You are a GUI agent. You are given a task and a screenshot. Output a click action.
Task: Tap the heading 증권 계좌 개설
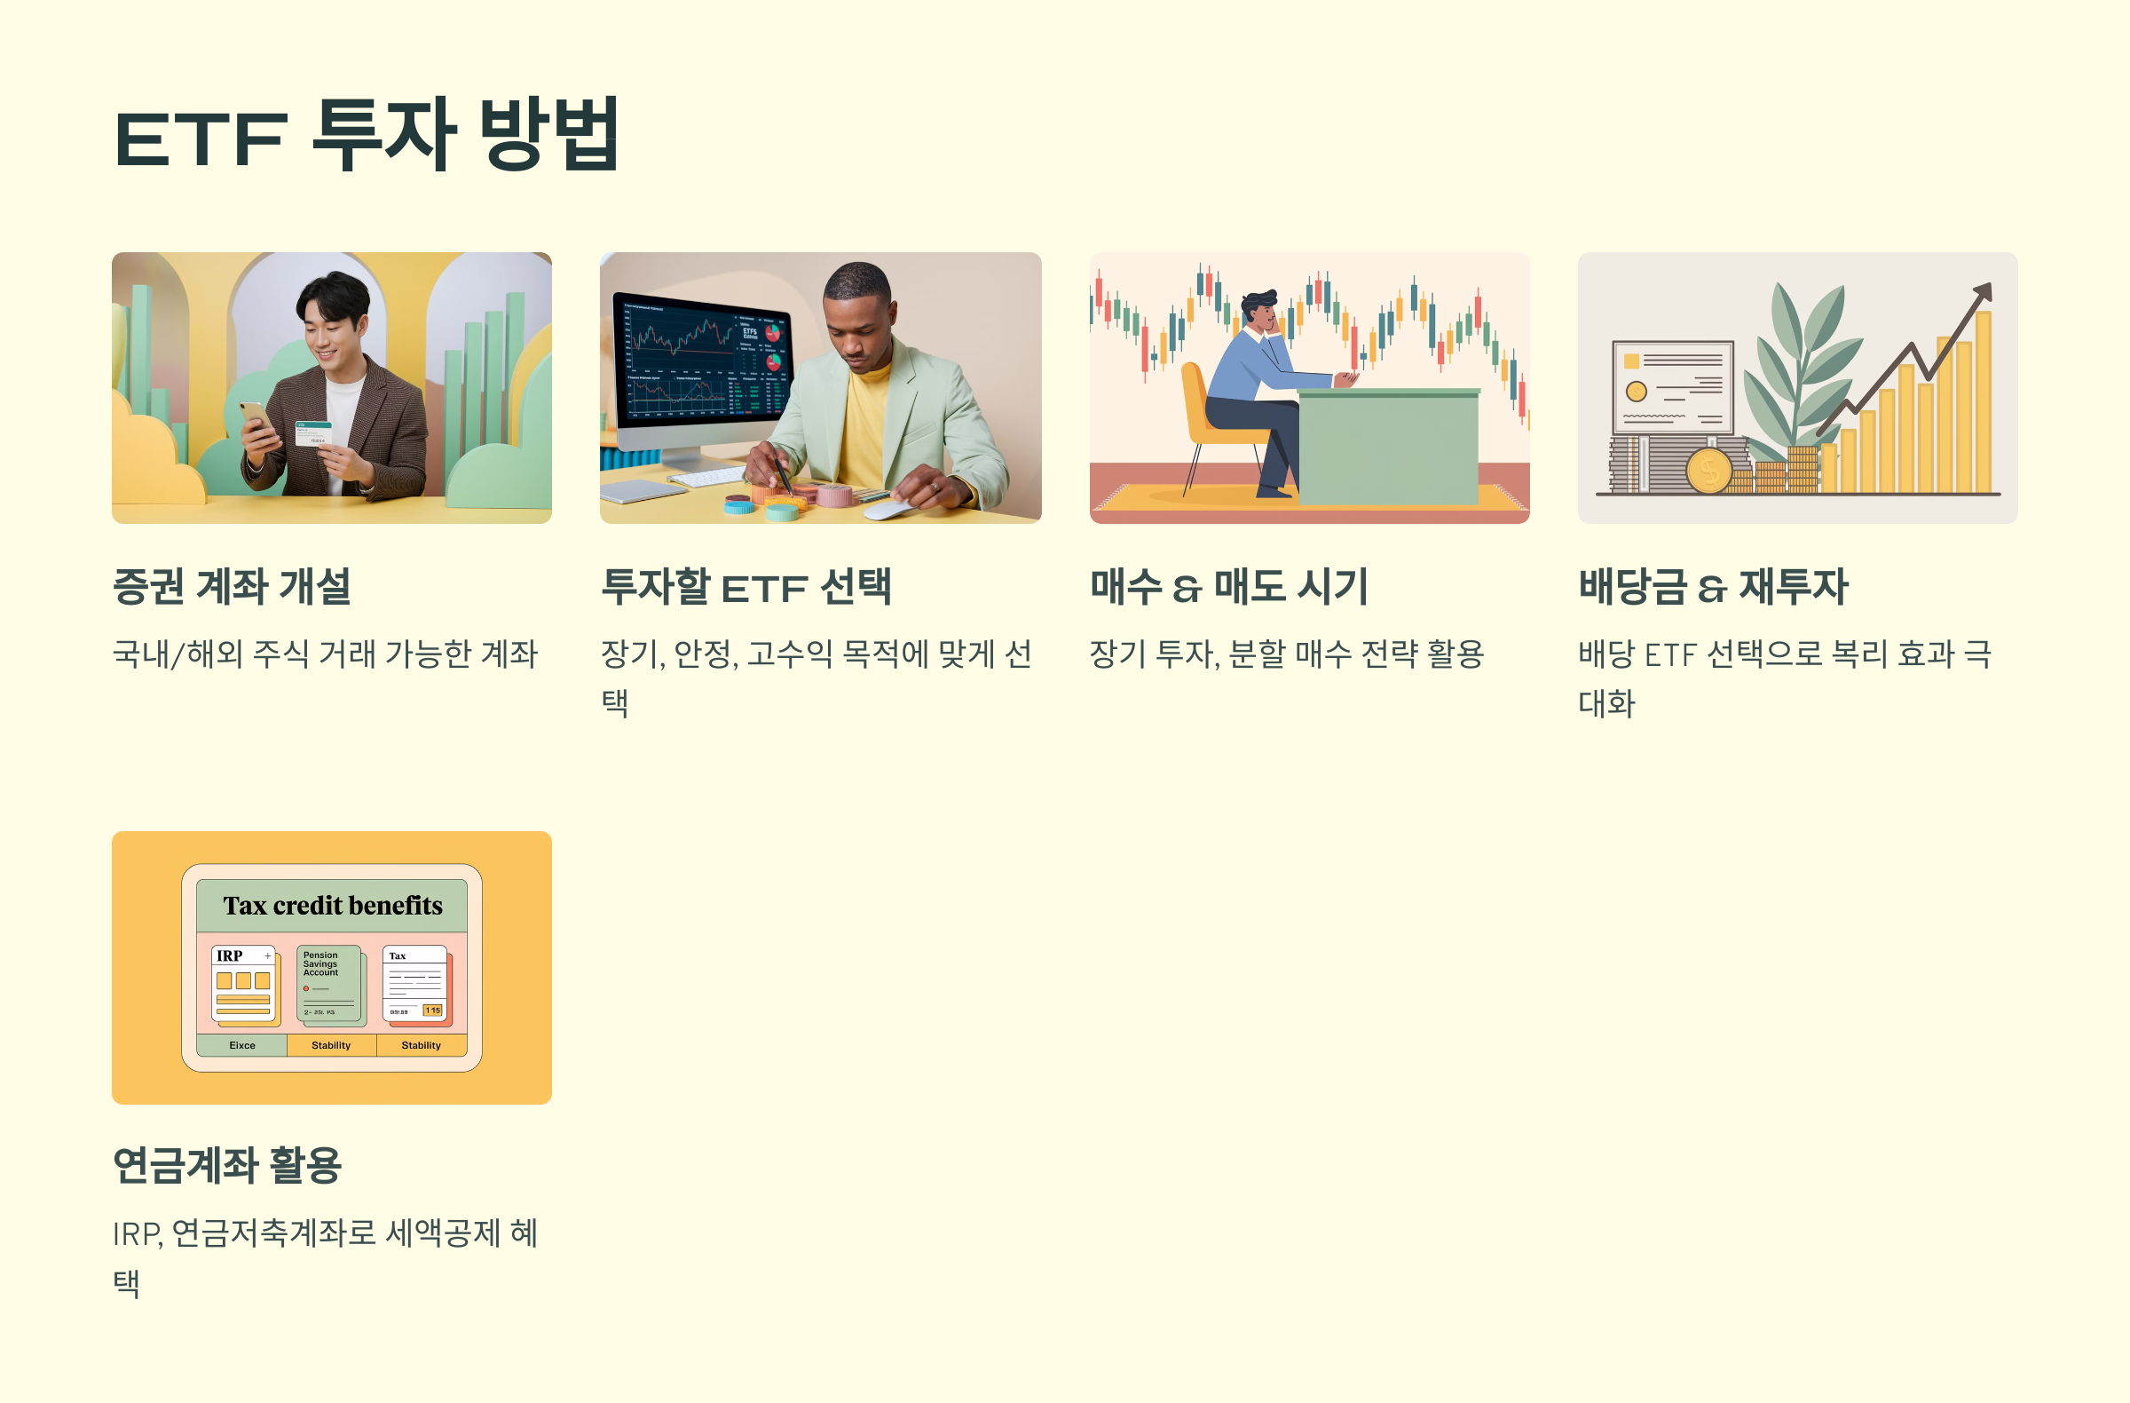coord(232,587)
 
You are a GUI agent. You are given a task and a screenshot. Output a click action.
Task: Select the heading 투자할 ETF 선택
coord(745,587)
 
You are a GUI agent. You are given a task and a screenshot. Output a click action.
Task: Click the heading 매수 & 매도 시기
coord(1229,587)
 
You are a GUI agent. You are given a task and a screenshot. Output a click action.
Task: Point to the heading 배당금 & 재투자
coord(1713,587)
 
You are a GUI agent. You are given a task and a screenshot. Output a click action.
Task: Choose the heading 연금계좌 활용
coord(227,1166)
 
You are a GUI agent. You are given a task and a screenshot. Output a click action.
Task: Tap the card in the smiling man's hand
coord(313,434)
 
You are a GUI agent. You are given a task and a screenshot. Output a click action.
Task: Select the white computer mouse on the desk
coord(890,510)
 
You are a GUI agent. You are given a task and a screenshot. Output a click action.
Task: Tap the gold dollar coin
coord(1708,471)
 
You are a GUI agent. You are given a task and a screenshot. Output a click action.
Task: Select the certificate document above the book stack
coord(1672,387)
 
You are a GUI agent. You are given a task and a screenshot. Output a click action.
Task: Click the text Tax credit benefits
coord(332,906)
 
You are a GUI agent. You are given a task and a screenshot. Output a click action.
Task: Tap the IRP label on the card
coord(229,956)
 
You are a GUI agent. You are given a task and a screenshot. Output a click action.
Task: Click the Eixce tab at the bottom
coord(241,1046)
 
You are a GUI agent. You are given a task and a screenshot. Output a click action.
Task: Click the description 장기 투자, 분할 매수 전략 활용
coord(1286,654)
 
